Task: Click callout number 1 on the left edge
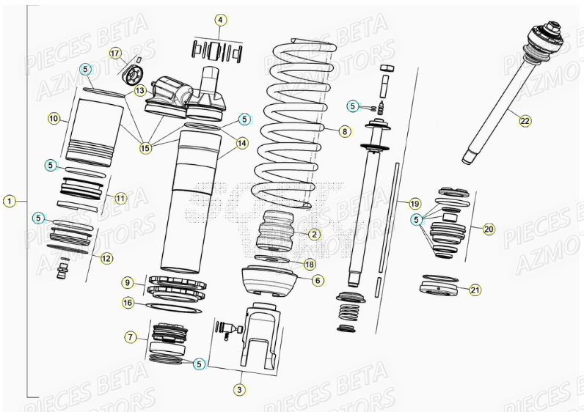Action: click(9, 200)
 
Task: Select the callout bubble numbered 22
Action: click(525, 121)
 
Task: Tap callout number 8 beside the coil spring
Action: click(345, 131)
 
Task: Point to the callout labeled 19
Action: click(415, 203)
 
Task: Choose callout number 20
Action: click(488, 229)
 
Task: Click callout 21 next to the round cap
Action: click(475, 290)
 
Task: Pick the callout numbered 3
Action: click(240, 389)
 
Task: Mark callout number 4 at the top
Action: click(220, 21)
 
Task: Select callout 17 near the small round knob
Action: click(115, 54)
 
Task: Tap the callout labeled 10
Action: click(54, 117)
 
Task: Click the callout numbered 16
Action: click(128, 302)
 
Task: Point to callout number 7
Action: click(131, 337)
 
